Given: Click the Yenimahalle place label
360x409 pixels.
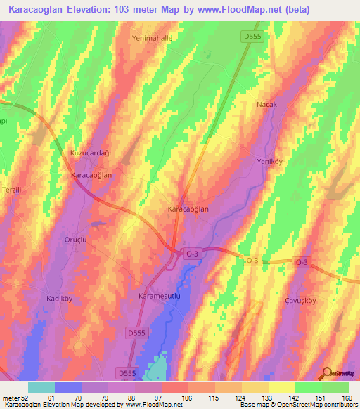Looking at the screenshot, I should click(152, 39).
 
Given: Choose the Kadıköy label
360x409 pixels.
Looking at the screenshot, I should click(60, 298).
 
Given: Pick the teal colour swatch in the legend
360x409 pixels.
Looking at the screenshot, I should click(41, 387).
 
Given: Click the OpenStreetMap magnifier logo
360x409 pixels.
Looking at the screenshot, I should click(326, 373).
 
